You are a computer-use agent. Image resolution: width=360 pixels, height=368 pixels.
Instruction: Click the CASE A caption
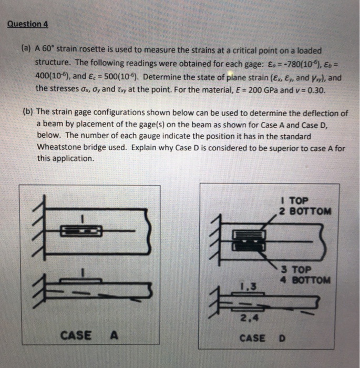(x=88, y=334)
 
